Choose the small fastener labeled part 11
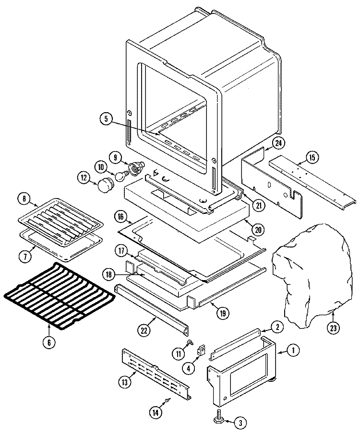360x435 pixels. [x=191, y=342]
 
